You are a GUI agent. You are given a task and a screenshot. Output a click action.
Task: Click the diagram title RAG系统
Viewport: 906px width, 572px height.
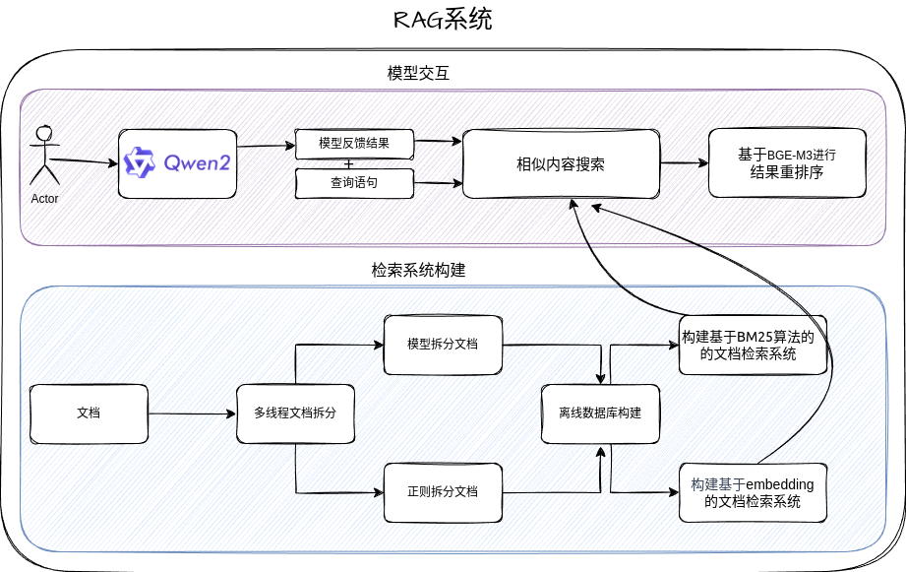(x=442, y=20)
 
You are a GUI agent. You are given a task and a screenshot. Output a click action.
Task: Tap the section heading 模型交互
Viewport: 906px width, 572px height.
(x=418, y=74)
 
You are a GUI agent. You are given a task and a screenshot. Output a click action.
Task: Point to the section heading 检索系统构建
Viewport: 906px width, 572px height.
(x=418, y=270)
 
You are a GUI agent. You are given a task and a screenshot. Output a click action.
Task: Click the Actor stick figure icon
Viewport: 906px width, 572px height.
(x=43, y=156)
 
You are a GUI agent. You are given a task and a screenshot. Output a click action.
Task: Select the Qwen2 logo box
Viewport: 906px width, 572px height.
(x=178, y=162)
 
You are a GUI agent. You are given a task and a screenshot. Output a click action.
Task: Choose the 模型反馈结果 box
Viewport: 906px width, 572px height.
(x=354, y=144)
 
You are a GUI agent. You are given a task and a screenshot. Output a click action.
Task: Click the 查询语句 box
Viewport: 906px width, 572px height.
(x=354, y=182)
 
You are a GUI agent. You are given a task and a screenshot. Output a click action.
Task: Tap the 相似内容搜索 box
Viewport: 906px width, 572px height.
(x=561, y=163)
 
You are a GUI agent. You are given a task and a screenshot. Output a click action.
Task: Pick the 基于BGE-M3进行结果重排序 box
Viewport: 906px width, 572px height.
(x=786, y=163)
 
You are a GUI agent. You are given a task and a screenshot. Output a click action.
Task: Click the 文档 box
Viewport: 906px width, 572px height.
(x=89, y=413)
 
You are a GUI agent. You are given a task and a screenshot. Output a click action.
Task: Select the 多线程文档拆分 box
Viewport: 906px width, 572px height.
(x=295, y=413)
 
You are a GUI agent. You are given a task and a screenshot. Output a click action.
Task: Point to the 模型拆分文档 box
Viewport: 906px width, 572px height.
(x=443, y=345)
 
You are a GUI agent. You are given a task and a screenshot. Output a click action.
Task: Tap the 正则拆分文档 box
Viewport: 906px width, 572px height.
(x=443, y=490)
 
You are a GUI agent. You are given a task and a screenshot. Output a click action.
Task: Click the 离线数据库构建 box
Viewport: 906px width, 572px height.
(x=600, y=413)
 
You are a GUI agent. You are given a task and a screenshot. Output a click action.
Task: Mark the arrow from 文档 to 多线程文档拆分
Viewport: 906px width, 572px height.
(x=192, y=413)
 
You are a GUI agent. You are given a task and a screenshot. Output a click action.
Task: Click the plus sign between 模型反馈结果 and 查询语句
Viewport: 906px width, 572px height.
(x=348, y=163)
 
